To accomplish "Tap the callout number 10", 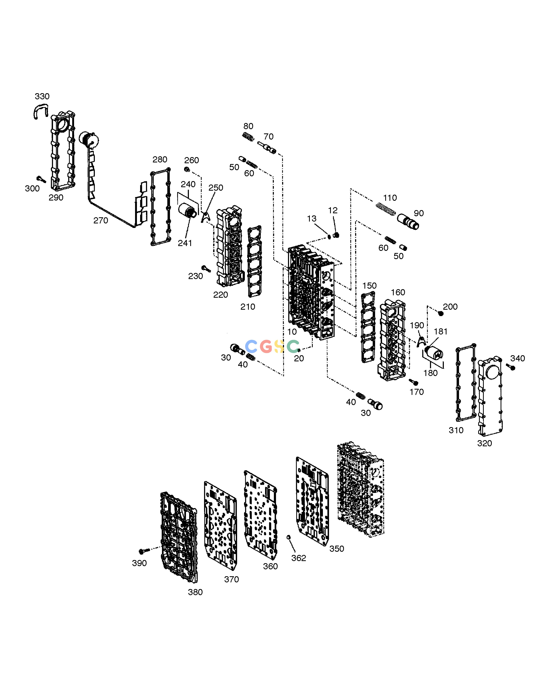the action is [x=292, y=332].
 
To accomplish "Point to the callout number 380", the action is [x=195, y=592].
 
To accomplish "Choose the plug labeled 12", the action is [x=335, y=235].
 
